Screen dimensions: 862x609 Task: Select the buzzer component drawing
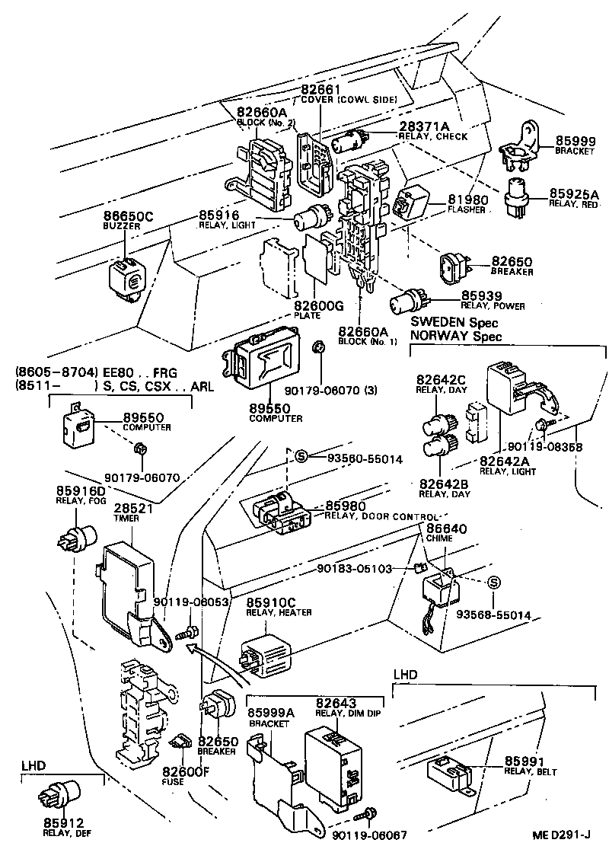[126, 276]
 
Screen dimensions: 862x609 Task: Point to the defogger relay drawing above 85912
[57, 797]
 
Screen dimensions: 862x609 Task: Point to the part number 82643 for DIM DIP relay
[336, 702]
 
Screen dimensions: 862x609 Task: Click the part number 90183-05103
[355, 568]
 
